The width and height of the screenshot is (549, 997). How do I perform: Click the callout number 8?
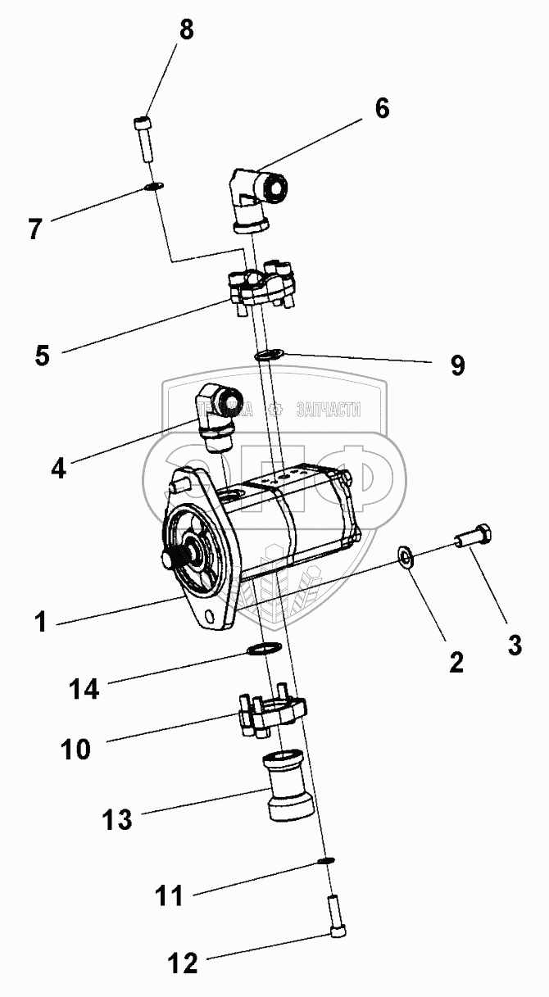pos(188,31)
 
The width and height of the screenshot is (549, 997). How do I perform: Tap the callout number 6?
pos(383,108)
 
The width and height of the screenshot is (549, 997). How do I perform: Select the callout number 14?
pos(84,690)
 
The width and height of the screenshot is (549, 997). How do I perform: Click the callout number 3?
pos(515,645)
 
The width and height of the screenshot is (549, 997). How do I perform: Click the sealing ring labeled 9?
pos(268,355)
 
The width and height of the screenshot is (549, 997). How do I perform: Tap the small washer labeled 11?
pos(324,861)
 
